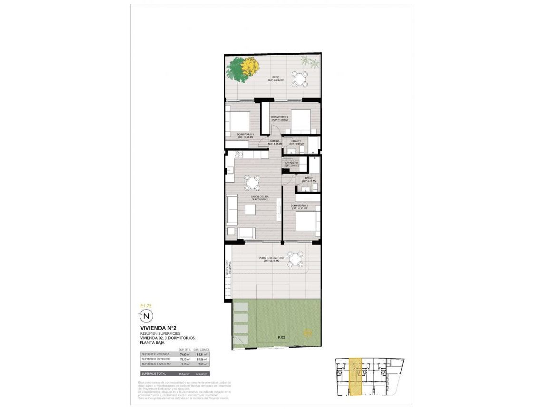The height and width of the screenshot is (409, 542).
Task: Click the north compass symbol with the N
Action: (146, 315)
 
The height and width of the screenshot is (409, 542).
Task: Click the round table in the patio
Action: (299, 79)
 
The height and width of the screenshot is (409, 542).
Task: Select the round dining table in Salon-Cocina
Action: (252, 182)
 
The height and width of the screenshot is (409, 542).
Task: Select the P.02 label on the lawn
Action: (282, 338)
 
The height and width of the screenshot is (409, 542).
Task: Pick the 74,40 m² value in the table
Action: (184, 354)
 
